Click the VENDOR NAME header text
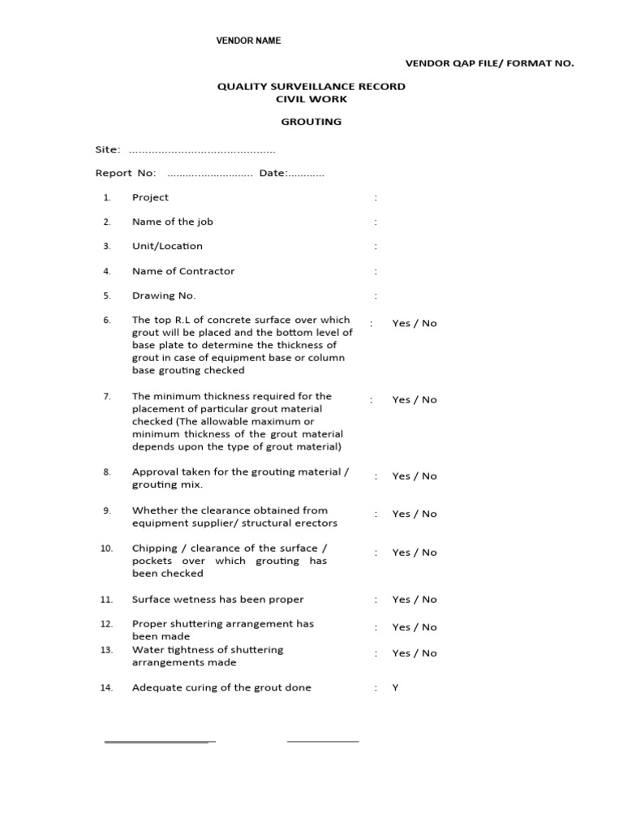coord(247,41)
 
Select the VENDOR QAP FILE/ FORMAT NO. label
coord(489,63)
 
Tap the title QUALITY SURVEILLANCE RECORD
coord(311,86)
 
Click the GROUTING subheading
coord(311,122)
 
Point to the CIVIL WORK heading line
coord(311,99)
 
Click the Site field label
coord(108,149)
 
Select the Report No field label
coord(126,173)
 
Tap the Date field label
coord(273,173)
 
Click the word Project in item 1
coord(150,197)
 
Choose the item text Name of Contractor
coord(183,271)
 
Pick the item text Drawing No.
coord(163,295)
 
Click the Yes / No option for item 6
coord(414,323)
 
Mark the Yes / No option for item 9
coord(414,514)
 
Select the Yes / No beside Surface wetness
coord(414,600)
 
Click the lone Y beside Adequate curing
coord(396,687)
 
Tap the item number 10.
coord(106,549)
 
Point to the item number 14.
coord(106,687)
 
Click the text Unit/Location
coord(167,246)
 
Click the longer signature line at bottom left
coord(159,742)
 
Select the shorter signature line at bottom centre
coord(322,741)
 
